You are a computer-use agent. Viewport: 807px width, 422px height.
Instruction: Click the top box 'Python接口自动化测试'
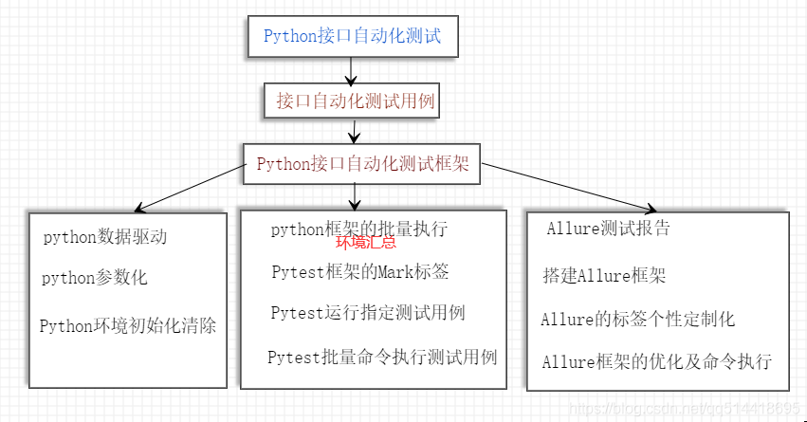click(352, 37)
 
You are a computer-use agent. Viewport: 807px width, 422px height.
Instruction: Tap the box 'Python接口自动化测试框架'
click(362, 163)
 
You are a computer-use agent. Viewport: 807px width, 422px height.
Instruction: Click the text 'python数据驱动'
click(105, 237)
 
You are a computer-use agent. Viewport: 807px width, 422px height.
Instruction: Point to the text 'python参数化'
click(94, 279)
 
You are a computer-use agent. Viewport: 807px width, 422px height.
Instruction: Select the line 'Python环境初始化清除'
click(128, 326)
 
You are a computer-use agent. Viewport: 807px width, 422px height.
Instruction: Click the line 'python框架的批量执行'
click(358, 229)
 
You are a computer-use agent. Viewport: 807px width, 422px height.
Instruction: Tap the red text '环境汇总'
click(365, 243)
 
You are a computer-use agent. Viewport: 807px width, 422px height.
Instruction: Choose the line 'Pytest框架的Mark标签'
click(359, 272)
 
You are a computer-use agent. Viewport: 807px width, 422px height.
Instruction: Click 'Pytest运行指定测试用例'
click(367, 313)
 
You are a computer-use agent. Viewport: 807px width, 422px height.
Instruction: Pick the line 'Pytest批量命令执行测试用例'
click(382, 358)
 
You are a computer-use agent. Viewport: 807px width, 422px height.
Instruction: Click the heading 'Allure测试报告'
click(608, 229)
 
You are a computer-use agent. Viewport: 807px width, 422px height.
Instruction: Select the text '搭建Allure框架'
click(604, 276)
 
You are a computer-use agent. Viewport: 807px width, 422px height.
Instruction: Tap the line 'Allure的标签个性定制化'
click(637, 319)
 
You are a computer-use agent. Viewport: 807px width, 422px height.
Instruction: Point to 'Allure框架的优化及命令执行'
click(656, 361)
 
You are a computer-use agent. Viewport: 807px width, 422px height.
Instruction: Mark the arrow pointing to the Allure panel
click(569, 186)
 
